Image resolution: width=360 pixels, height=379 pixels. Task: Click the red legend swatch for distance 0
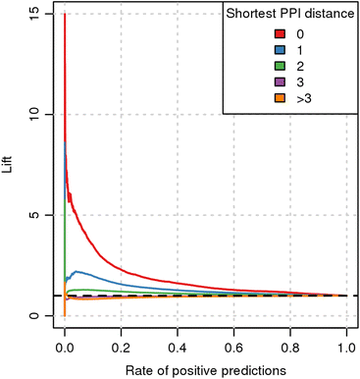[280, 34]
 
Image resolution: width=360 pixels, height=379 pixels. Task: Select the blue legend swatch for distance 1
[280, 50]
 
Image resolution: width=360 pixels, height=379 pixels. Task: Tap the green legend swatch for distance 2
[280, 66]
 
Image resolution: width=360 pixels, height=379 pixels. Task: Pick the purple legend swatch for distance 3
[280, 81]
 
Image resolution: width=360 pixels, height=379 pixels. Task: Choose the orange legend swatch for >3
[280, 98]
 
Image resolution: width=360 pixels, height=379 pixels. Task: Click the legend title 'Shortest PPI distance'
[290, 14]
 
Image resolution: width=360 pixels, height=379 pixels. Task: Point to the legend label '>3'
[304, 98]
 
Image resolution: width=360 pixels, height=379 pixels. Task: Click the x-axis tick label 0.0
[65, 348]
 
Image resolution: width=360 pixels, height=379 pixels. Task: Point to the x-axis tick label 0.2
[121, 348]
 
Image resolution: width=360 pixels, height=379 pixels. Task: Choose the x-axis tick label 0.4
[178, 348]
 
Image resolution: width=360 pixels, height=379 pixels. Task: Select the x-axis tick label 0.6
[233, 348]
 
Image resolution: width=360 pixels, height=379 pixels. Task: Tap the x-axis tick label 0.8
[290, 348]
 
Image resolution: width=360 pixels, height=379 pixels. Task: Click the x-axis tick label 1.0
[346, 348]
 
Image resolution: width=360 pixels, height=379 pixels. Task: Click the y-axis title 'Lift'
[7, 165]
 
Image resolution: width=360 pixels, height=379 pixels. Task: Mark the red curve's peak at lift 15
[65, 14]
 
